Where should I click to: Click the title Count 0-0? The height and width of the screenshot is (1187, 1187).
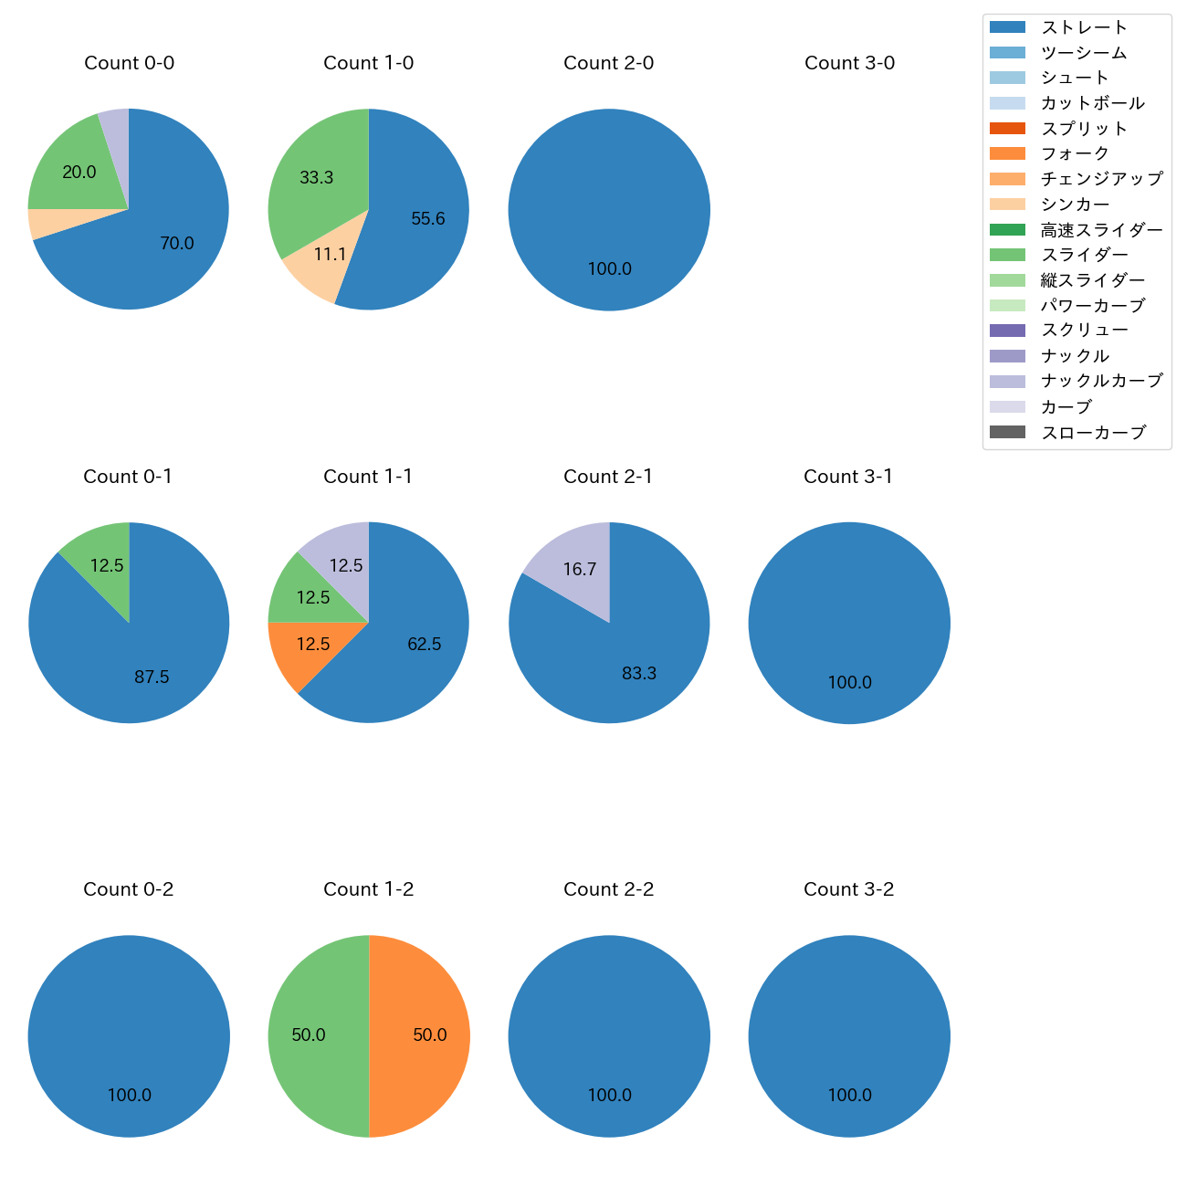tap(129, 63)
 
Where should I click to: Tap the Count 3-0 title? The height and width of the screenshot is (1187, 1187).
tap(849, 63)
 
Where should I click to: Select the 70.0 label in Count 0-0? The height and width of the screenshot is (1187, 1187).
tap(177, 244)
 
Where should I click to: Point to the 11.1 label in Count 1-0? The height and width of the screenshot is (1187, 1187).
tap(330, 255)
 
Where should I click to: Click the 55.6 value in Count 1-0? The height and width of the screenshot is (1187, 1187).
tap(428, 219)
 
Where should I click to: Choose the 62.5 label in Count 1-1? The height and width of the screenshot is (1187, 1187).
tap(425, 645)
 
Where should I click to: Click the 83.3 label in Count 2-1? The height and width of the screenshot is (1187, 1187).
tap(639, 674)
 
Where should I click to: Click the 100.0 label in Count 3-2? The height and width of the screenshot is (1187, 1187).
tap(849, 1096)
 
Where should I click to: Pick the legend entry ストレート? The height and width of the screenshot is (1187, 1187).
tap(1084, 27)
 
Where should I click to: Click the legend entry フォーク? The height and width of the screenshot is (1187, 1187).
tap(1075, 153)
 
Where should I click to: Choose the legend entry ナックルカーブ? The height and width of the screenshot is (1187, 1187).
tap(1101, 381)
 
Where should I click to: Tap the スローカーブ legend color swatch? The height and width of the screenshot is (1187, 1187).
tap(1007, 432)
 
